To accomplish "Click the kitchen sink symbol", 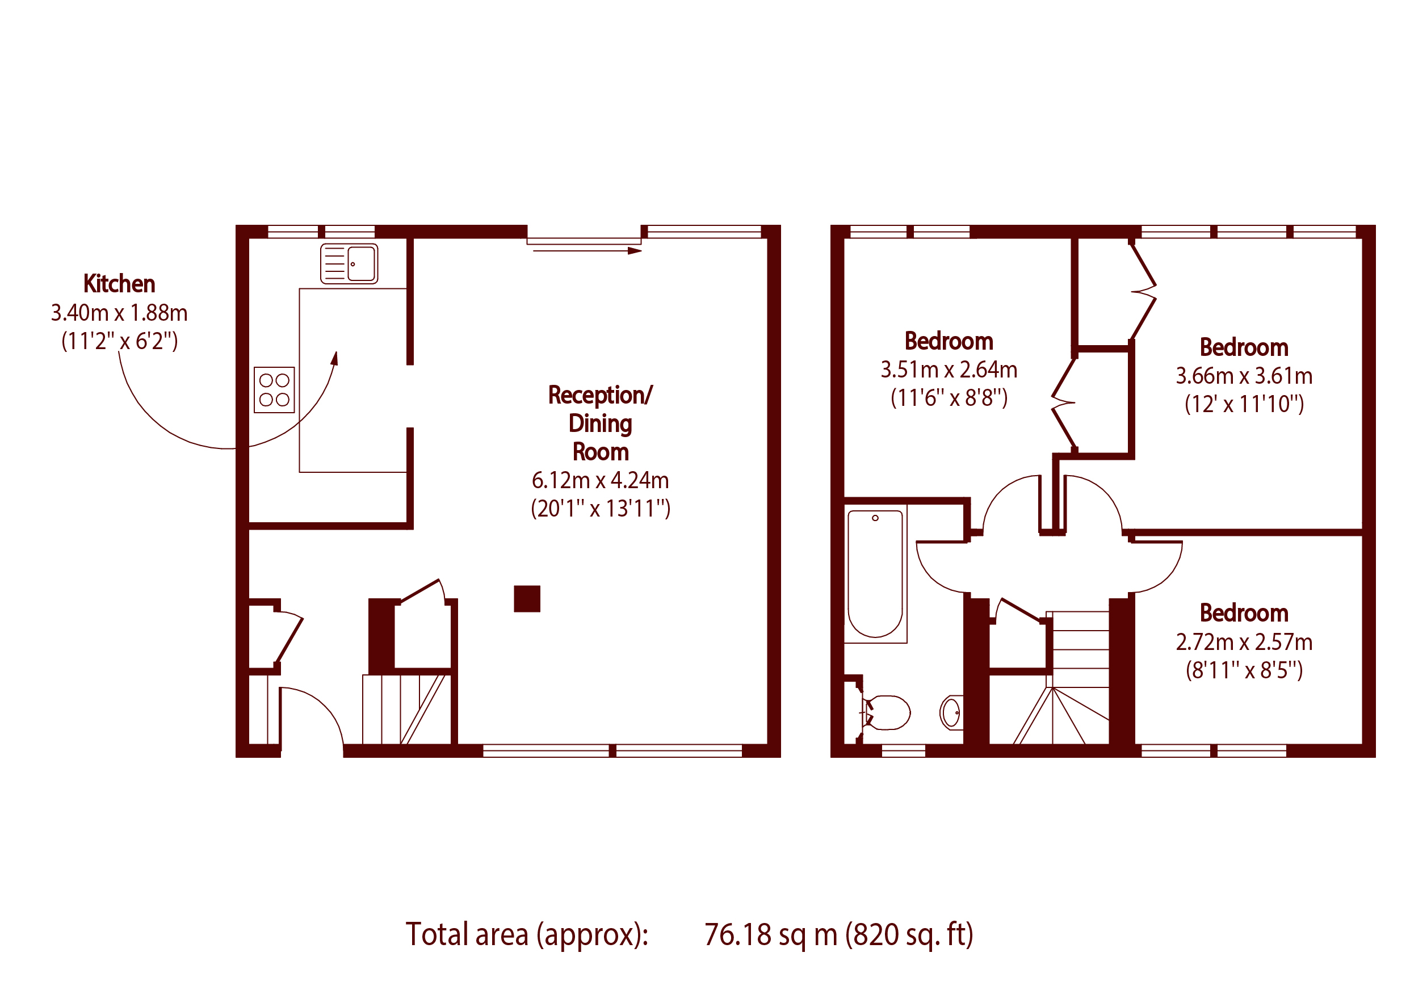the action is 349,264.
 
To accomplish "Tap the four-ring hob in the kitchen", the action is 274,390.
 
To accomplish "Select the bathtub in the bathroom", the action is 875,573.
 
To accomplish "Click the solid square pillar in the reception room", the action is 527,599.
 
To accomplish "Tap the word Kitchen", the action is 119,284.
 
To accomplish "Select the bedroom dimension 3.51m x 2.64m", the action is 949,370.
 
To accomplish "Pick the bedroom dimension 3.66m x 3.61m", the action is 1244,376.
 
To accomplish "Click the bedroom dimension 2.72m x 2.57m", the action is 1244,642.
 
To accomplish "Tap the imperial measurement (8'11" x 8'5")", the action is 1244,670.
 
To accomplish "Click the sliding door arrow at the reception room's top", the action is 587,250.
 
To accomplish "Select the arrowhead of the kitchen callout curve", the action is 334,358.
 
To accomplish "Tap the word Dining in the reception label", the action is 600,424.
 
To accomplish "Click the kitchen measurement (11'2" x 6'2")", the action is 119,341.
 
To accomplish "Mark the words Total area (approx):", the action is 527,934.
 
